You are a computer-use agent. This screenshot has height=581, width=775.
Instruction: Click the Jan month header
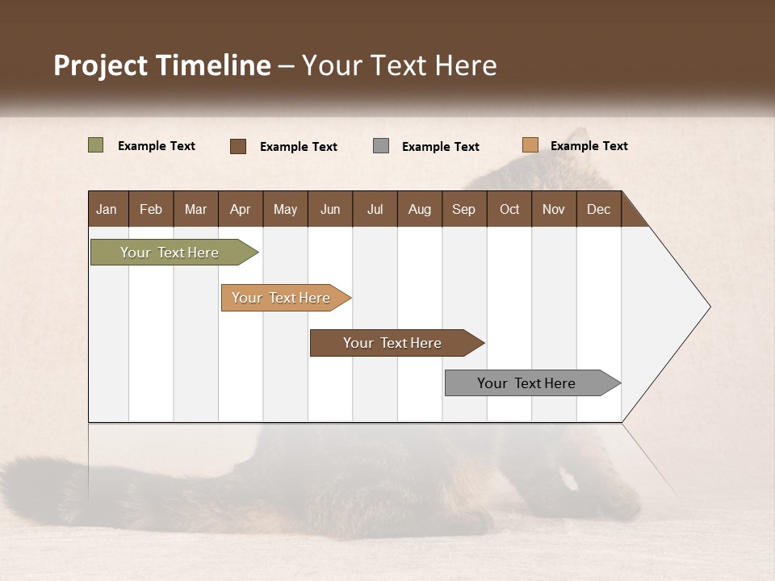pyautogui.click(x=107, y=209)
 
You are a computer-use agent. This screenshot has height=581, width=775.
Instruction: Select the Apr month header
pyautogui.click(x=241, y=209)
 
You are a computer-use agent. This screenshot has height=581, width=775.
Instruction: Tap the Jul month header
pyautogui.click(x=375, y=209)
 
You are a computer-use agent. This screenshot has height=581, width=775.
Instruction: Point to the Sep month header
pyautogui.click(x=463, y=209)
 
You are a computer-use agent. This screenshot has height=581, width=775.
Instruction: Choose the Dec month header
pyautogui.click(x=598, y=209)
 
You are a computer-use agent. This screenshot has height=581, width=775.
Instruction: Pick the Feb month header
pyautogui.click(x=151, y=209)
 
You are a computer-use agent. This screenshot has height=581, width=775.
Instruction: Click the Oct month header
pyautogui.click(x=509, y=209)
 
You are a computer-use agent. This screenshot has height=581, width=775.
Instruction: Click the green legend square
pyautogui.click(x=96, y=145)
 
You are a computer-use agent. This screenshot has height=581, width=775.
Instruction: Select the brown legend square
pyautogui.click(x=238, y=146)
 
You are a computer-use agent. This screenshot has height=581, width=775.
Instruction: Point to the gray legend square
pyautogui.click(x=381, y=146)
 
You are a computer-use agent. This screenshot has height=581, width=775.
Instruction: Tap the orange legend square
pyautogui.click(x=530, y=145)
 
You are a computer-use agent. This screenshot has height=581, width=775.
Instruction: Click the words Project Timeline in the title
pyautogui.click(x=162, y=65)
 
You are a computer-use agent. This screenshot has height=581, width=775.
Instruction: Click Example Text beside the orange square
pyautogui.click(x=589, y=146)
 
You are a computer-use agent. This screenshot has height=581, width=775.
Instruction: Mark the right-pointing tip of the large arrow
pyautogui.click(x=709, y=307)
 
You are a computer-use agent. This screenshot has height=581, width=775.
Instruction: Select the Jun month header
pyautogui.click(x=330, y=209)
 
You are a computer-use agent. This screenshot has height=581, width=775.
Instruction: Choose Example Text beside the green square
pyautogui.click(x=157, y=146)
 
